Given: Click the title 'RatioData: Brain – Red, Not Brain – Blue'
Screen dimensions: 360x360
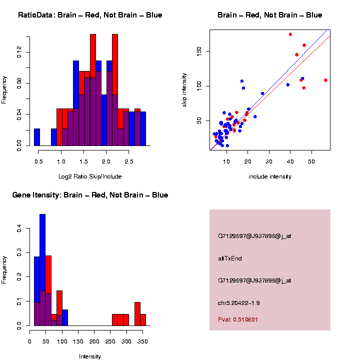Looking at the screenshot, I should pos(90,15).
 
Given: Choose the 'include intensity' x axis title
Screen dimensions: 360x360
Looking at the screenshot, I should pos(269,176).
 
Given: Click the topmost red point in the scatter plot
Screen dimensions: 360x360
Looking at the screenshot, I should pos(290,34).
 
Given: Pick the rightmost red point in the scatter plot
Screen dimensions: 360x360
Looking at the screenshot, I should pos(325,80).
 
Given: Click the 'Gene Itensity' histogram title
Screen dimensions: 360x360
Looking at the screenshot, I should pos(90,195).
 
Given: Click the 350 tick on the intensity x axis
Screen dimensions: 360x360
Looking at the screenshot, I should pos(142,342).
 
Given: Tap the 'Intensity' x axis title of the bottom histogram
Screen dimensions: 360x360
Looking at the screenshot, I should pos(90,356).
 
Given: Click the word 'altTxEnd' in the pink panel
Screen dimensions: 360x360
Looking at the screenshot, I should pos(230,258).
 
